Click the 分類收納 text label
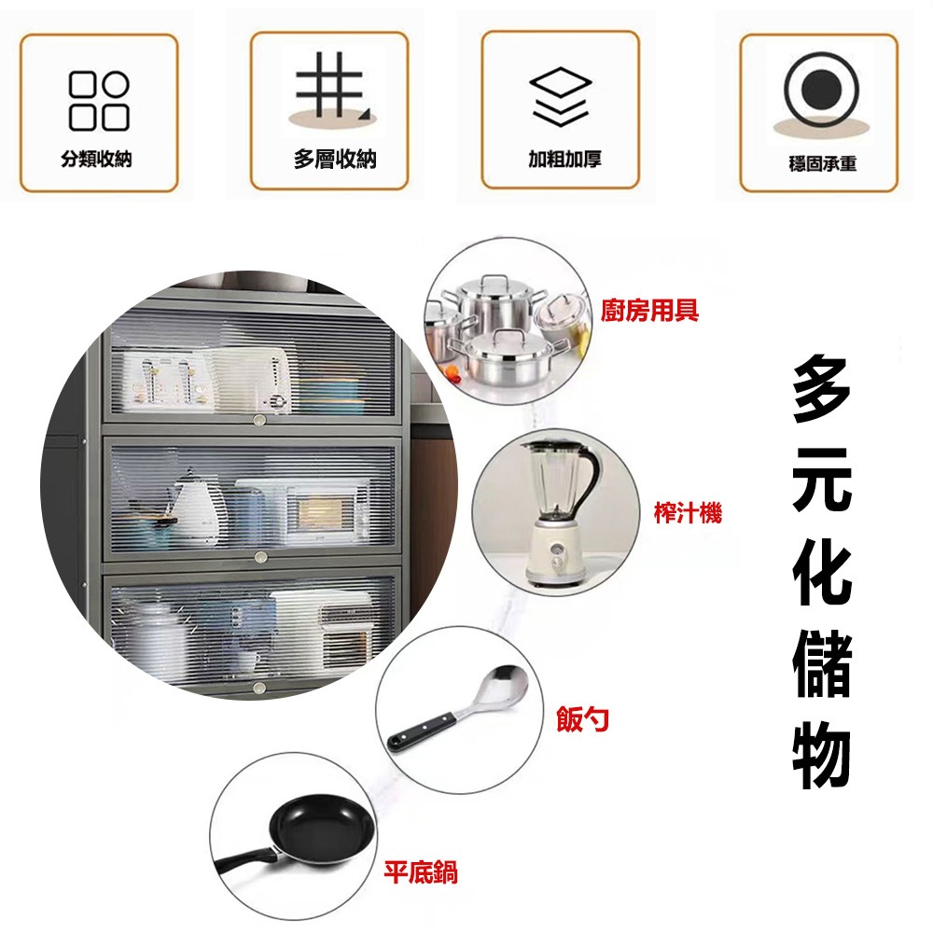click(97, 159)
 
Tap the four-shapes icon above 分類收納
click(98, 101)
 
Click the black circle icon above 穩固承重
click(818, 91)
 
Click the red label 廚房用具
click(650, 311)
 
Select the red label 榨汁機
click(688, 512)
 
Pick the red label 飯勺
click(583, 718)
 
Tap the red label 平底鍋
click(421, 873)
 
